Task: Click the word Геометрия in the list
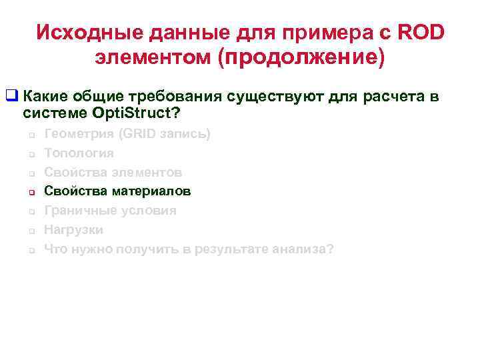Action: pos(78,134)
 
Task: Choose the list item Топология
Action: pos(79,153)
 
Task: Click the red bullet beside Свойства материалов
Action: pos(31,193)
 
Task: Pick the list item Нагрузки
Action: pos(73,230)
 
